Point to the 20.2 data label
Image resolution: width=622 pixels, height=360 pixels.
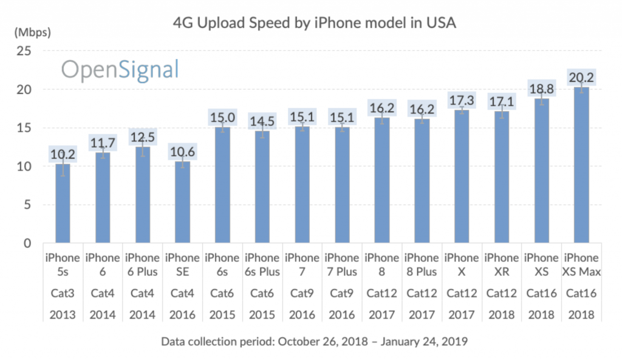(581, 77)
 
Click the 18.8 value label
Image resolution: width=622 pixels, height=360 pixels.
(541, 88)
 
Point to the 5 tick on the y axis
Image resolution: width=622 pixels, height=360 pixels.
(27, 205)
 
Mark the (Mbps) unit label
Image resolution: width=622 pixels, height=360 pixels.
(32, 30)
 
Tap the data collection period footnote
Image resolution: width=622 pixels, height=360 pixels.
(314, 342)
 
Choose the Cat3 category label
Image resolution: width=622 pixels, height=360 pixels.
(63, 293)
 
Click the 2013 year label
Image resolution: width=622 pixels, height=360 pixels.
(63, 315)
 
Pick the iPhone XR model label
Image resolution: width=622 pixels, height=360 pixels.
(501, 265)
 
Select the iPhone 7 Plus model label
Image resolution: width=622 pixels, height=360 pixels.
(342, 265)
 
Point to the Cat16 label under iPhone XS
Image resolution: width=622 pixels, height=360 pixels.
(541, 293)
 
